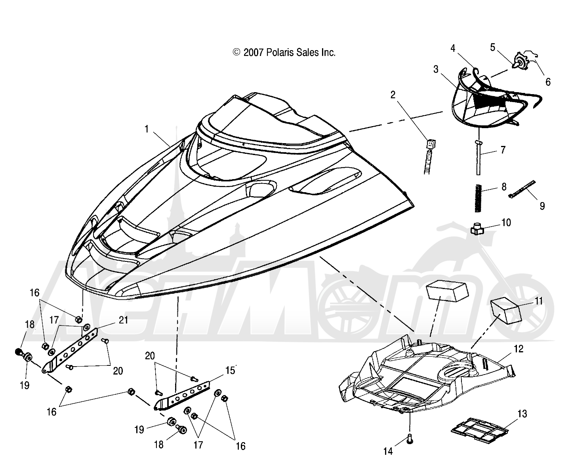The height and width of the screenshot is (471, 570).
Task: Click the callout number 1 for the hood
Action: [x=147, y=129]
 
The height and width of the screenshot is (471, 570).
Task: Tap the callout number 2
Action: [x=393, y=95]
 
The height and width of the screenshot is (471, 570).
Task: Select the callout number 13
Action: [x=522, y=414]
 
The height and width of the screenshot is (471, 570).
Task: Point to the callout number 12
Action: [x=519, y=349]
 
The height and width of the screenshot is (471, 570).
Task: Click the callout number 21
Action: [x=124, y=320]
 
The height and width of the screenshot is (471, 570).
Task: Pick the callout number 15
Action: [x=230, y=371]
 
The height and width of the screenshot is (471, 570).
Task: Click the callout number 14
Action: [x=388, y=451]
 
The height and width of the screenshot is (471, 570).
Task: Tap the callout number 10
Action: [x=506, y=223]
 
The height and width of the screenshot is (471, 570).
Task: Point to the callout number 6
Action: [x=548, y=83]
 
